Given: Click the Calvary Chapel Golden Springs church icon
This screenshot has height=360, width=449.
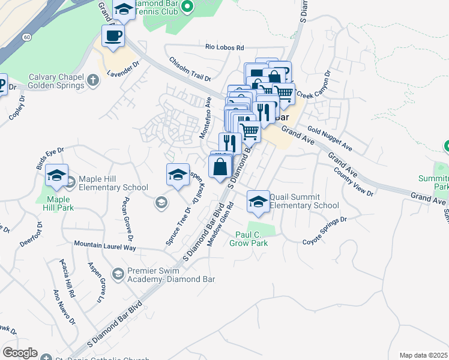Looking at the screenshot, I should (x=92, y=80).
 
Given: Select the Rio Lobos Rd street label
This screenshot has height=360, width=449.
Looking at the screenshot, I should (x=224, y=47).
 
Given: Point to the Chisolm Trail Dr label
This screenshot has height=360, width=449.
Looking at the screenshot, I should (x=190, y=69).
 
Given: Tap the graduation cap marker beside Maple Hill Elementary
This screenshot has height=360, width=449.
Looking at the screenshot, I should (x=56, y=175).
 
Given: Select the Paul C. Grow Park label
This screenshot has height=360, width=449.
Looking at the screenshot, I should (x=249, y=239).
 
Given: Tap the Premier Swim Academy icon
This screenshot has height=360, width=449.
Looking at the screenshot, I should (x=118, y=274).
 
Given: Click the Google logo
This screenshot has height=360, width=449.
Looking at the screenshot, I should (x=20, y=353).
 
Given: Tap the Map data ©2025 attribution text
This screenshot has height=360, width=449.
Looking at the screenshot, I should (x=424, y=355).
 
